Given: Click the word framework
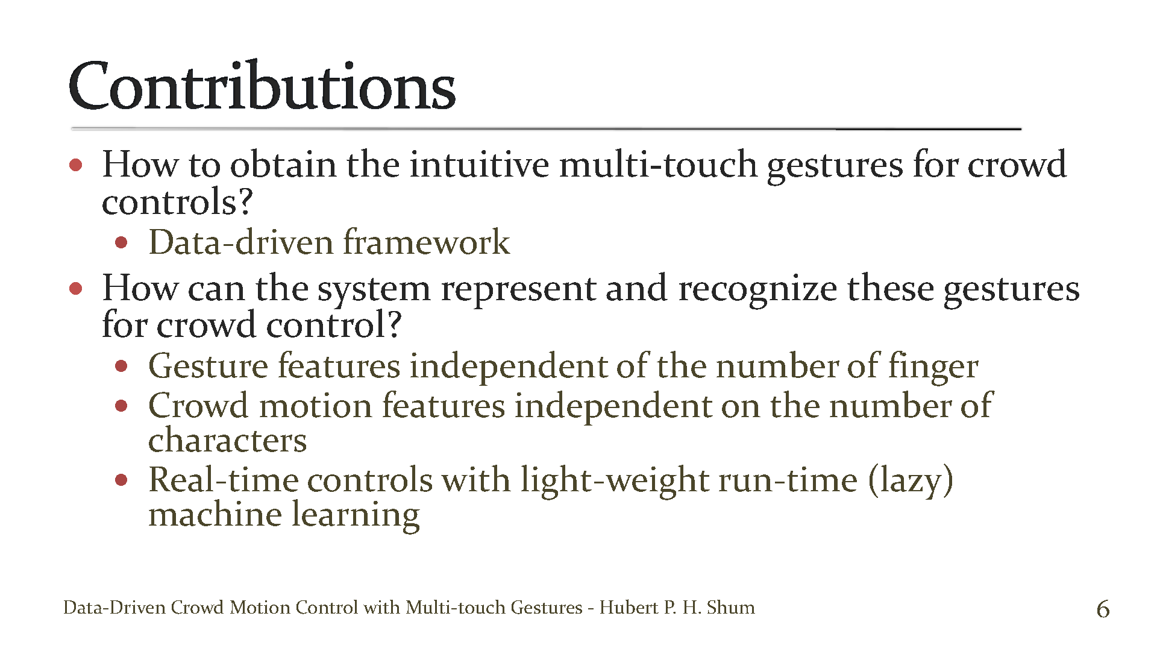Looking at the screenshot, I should pyautogui.click(x=426, y=242).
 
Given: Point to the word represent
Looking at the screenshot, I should pyautogui.click(x=518, y=288).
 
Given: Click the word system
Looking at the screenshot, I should pyautogui.click(x=374, y=289).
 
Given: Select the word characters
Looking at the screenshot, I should pyautogui.click(x=227, y=440).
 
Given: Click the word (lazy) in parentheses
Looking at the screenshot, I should pyautogui.click(x=911, y=480).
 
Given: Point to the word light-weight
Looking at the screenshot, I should pyautogui.click(x=614, y=480).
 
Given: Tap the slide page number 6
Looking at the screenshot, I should pyautogui.click(x=1103, y=609).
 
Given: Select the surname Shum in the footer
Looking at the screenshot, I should pyautogui.click(x=730, y=607).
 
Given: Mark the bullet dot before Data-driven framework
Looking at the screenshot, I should pyautogui.click(x=122, y=243).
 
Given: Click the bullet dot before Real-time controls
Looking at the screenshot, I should pyautogui.click(x=122, y=480).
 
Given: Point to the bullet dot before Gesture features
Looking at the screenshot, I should pyautogui.click(x=122, y=366).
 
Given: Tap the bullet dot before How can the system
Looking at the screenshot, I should pyautogui.click(x=76, y=289).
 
